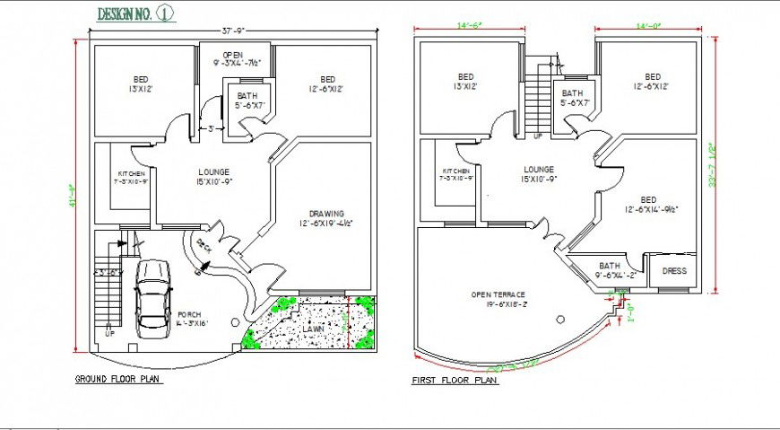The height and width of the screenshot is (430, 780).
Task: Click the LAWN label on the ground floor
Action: pyautogui.click(x=313, y=329)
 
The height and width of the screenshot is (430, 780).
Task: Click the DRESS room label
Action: pyautogui.click(x=674, y=270)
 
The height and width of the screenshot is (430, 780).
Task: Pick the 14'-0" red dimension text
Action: pyautogui.click(x=649, y=26)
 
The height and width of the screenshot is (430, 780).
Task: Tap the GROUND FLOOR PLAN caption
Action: pyautogui.click(x=118, y=380)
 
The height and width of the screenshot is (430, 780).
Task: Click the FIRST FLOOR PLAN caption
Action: pyautogui.click(x=455, y=381)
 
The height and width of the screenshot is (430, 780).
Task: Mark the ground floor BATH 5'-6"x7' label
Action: pyautogui.click(x=247, y=100)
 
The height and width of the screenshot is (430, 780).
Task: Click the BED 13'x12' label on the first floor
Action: pyautogui.click(x=465, y=82)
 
